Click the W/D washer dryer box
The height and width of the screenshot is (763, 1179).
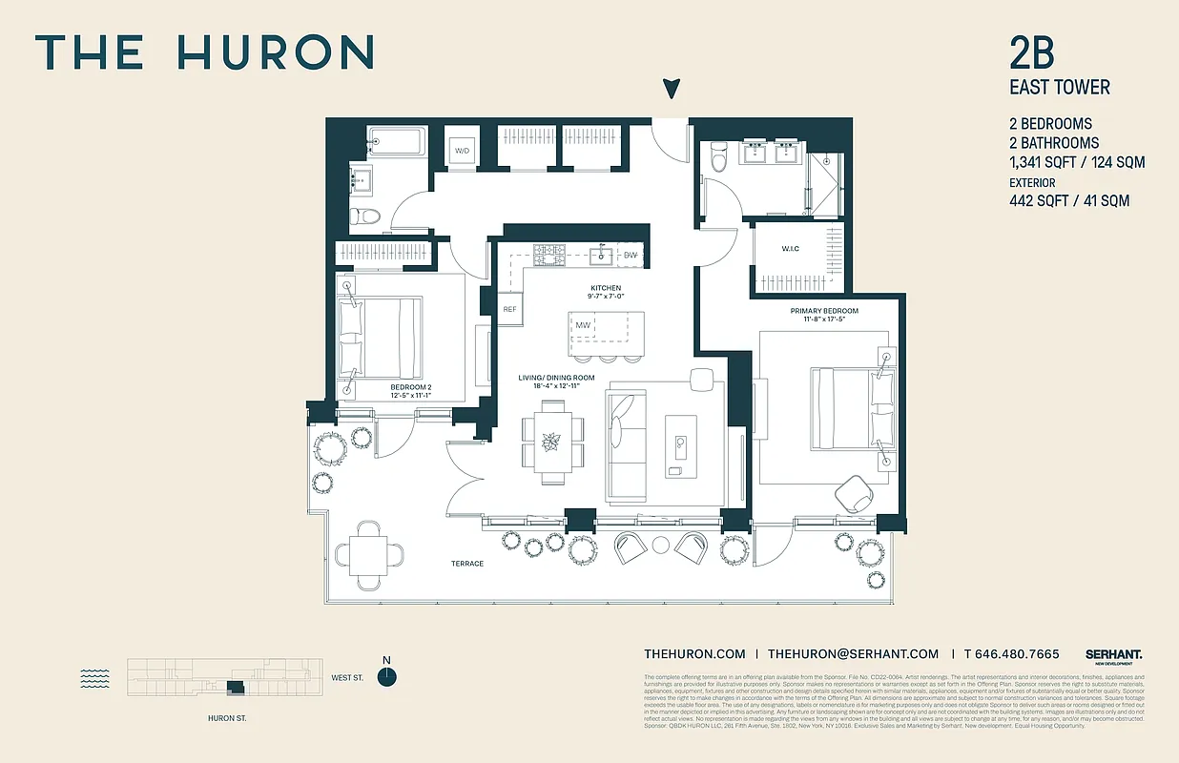pyautogui.click(x=463, y=151)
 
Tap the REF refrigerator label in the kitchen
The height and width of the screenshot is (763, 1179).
pyautogui.click(x=509, y=309)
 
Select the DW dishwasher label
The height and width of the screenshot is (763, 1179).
pyautogui.click(x=631, y=255)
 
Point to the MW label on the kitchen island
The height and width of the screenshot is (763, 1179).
pyautogui.click(x=582, y=326)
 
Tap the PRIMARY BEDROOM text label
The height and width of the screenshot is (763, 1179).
pyautogui.click(x=824, y=311)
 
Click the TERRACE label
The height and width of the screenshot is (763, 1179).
pyautogui.click(x=467, y=564)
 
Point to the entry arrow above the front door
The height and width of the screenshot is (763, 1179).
pyautogui.click(x=672, y=89)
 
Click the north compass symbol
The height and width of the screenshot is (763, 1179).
pyautogui.click(x=386, y=676)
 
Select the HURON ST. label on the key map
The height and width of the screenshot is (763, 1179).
pyautogui.click(x=227, y=718)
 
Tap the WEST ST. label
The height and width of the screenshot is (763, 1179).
pyautogui.click(x=348, y=678)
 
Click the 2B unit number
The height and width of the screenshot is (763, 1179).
pyautogui.click(x=1032, y=53)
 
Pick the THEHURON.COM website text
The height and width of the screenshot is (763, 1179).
pyautogui.click(x=694, y=653)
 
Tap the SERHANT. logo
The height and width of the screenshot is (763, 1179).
pyautogui.click(x=1113, y=654)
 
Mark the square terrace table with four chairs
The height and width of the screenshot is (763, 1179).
pyautogui.click(x=368, y=552)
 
